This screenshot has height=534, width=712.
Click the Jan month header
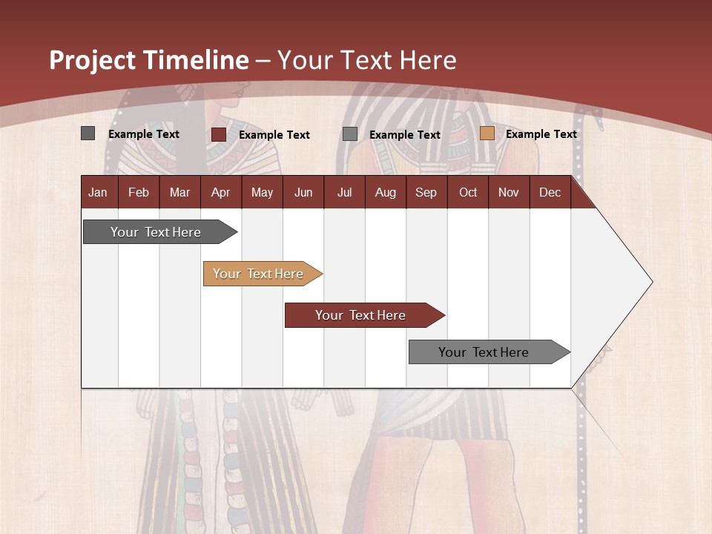[98, 192]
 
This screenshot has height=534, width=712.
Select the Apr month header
[220, 192]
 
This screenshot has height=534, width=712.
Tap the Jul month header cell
[344, 192]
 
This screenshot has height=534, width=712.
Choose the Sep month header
[426, 192]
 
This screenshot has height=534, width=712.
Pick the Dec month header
[550, 192]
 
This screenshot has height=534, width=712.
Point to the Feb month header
[139, 192]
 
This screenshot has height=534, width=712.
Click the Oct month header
[468, 192]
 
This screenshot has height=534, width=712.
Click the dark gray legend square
[88, 133]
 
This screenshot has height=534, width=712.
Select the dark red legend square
[219, 134]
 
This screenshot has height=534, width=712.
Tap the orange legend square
[487, 133]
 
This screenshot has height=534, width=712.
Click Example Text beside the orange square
[541, 134]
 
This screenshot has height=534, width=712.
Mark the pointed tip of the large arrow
[651, 282]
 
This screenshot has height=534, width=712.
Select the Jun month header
[303, 192]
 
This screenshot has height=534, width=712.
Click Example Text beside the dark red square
[274, 135]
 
